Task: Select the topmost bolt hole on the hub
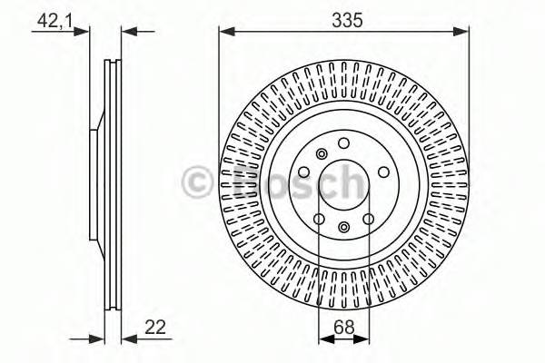click(x=343, y=143)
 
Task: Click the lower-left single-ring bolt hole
click(x=319, y=219)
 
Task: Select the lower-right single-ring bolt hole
click(x=369, y=219)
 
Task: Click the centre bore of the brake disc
click(x=344, y=186)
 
